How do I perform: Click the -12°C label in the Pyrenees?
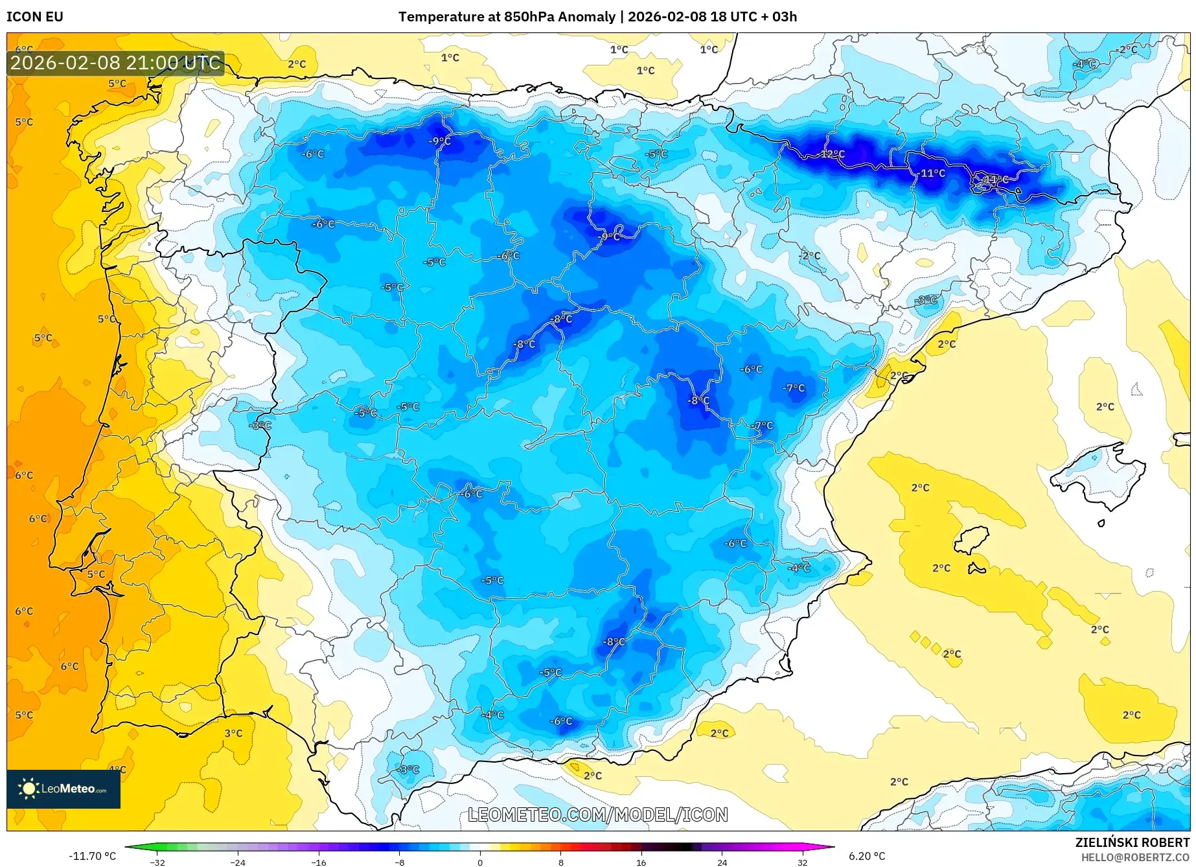tap(833, 154)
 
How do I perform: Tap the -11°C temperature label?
tap(932, 174)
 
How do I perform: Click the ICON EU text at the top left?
tap(35, 17)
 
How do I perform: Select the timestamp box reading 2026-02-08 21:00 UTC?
tap(115, 63)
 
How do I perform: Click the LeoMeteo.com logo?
tap(63, 789)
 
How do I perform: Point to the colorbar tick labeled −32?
tap(157, 862)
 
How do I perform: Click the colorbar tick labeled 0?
tap(480, 862)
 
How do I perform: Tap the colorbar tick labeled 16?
tap(641, 862)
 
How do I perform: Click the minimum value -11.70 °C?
tap(92, 856)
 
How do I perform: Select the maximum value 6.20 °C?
tap(867, 856)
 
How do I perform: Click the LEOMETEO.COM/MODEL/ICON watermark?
tap(597, 815)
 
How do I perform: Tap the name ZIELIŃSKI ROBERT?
tap(1133, 843)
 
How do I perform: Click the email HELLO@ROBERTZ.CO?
tap(1134, 857)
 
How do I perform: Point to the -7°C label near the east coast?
tap(794, 388)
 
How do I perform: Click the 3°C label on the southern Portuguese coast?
tap(233, 734)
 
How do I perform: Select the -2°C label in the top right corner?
tap(1126, 50)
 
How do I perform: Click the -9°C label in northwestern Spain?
tap(440, 141)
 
